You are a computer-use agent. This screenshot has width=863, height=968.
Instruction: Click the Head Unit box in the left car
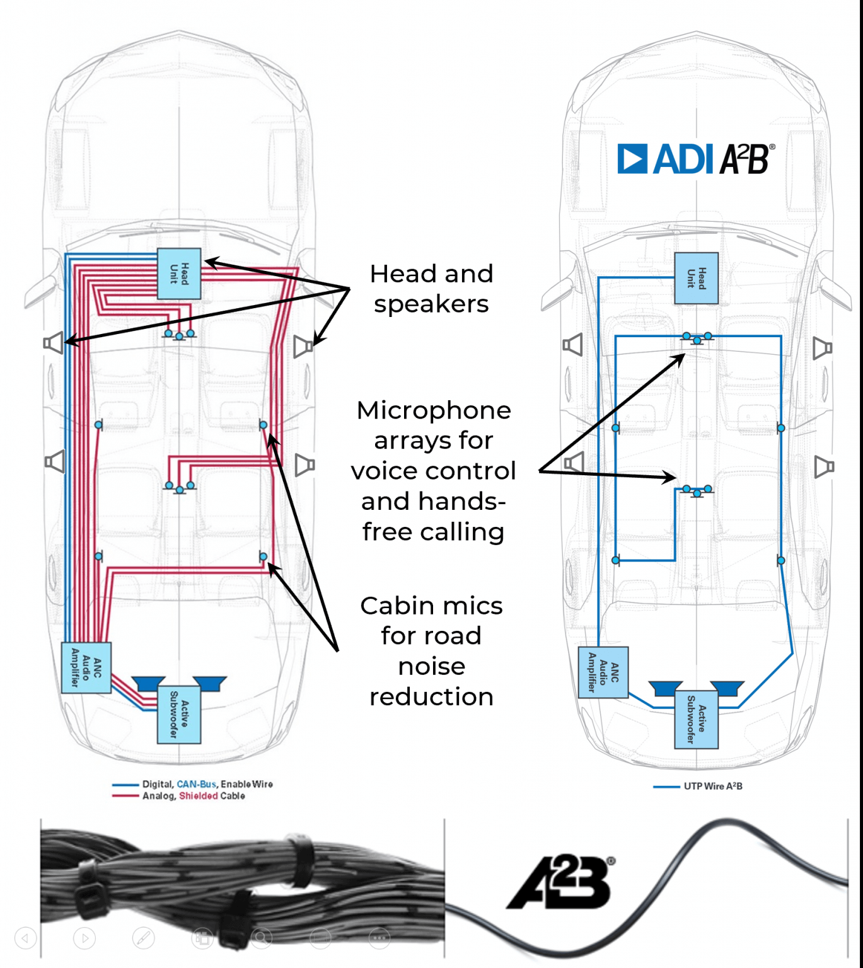pyautogui.click(x=179, y=274)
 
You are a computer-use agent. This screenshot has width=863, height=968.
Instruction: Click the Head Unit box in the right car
pyautogui.click(x=696, y=279)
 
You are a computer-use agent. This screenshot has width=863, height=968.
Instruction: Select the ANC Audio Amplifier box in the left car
pyautogui.click(x=86, y=668)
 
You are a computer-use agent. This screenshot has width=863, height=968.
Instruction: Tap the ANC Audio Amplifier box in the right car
pyautogui.click(x=603, y=672)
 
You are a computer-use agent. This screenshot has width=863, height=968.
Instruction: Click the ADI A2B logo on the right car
pyautogui.click(x=695, y=159)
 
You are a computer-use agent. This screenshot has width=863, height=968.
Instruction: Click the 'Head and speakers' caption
pyautogui.click(x=431, y=289)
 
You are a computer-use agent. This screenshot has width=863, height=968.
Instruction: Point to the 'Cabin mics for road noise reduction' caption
pyautogui.click(x=431, y=650)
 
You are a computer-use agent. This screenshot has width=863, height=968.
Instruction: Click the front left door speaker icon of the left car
pyautogui.click(x=54, y=343)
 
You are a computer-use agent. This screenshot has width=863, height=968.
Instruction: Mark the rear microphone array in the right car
pyautogui.click(x=697, y=490)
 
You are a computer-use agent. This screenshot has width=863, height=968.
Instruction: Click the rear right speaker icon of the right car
pyautogui.click(x=823, y=466)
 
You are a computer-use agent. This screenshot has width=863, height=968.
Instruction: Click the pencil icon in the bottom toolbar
pyautogui.click(x=143, y=938)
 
